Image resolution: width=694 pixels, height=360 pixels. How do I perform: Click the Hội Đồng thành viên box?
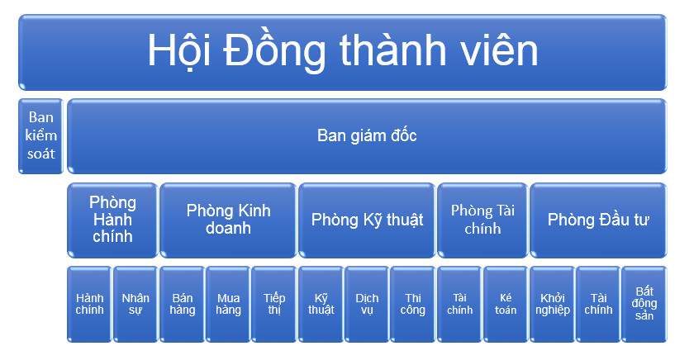(x=342, y=52)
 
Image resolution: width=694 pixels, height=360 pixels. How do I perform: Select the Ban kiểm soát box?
(x=40, y=135)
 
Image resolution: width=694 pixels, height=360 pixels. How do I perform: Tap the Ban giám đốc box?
(x=367, y=135)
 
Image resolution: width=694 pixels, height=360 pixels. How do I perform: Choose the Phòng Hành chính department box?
(x=112, y=220)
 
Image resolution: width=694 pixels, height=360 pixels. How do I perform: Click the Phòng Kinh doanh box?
(x=228, y=220)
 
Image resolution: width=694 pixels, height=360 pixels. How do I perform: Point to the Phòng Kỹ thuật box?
(x=367, y=220)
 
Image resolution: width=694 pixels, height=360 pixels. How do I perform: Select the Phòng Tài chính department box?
(x=482, y=220)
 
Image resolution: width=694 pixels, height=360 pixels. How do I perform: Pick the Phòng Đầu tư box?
(x=598, y=220)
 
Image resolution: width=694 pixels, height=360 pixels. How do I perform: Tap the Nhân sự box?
(x=135, y=304)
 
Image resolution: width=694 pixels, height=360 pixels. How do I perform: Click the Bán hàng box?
(x=182, y=304)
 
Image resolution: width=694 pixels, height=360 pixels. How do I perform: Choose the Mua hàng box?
(x=228, y=304)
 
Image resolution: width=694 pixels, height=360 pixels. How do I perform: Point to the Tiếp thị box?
(x=274, y=304)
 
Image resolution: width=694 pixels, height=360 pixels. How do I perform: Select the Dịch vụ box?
(x=367, y=304)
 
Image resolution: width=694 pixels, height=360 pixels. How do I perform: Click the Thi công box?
(x=413, y=304)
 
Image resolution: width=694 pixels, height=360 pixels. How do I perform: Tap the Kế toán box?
(x=506, y=304)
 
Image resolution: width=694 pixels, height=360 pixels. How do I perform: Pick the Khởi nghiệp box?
(x=552, y=304)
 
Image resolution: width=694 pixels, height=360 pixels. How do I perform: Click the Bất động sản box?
(x=644, y=304)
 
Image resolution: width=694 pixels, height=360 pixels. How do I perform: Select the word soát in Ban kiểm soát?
(x=40, y=154)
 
